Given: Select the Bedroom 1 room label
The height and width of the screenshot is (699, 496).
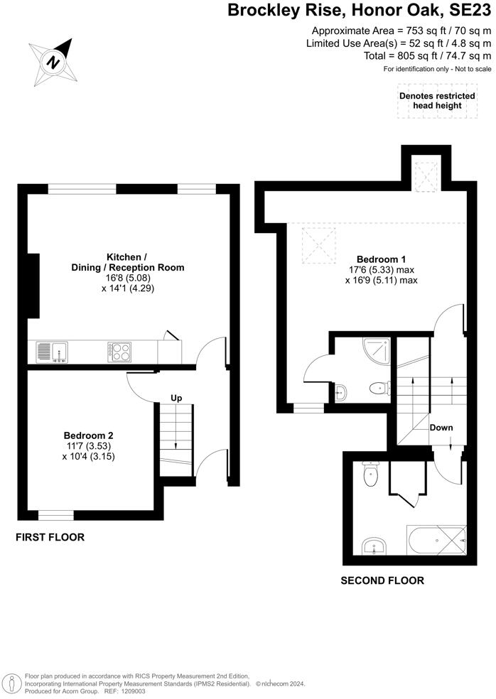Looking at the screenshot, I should click(x=381, y=269).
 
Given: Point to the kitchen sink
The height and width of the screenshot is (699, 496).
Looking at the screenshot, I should click(x=51, y=352).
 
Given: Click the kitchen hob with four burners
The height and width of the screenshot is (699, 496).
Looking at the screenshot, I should click(x=119, y=352).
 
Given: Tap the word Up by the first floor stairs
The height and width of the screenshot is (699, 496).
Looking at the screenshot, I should click(x=176, y=398).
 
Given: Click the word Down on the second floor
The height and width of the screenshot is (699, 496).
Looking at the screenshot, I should click(x=441, y=428).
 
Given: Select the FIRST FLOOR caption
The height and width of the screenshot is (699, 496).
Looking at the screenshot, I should click(x=50, y=538).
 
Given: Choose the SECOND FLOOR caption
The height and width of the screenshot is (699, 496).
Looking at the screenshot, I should click(x=382, y=580).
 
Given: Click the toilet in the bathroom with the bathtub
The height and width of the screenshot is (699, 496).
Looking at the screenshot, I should click(x=370, y=477).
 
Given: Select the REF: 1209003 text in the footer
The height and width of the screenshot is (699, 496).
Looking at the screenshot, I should click(x=125, y=690).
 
